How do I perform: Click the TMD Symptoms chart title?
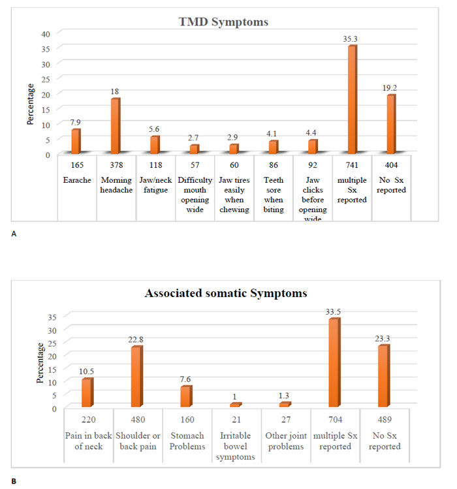pyautogui.click(x=223, y=22)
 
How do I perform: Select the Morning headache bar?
pyautogui.click(x=116, y=126)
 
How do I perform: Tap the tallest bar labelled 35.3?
pyautogui.click(x=352, y=99)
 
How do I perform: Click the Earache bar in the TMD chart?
pyautogui.click(x=76, y=141)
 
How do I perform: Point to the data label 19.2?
pyautogui.click(x=390, y=88)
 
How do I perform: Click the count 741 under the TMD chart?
pyautogui.click(x=352, y=165)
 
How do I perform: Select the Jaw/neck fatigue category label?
pyautogui.click(x=155, y=185)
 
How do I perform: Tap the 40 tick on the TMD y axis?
pyautogui.click(x=46, y=34)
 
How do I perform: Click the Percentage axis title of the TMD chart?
pyautogui.click(x=30, y=104)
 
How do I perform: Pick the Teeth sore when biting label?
pyautogui.click(x=274, y=195)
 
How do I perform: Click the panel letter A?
pyautogui.click(x=14, y=234)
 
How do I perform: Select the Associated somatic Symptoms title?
pyautogui.click(x=226, y=293)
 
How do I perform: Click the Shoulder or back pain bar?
pyautogui.click(x=137, y=377)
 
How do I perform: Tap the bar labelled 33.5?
pyautogui.click(x=334, y=362)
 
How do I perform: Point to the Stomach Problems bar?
pyautogui.click(x=186, y=396)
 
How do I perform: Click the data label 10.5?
pyautogui.click(x=86, y=371)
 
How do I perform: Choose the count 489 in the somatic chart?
pyautogui.click(x=385, y=419)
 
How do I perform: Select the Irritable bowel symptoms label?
pyautogui.click(x=236, y=446)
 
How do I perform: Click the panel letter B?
pyautogui.click(x=14, y=482)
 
